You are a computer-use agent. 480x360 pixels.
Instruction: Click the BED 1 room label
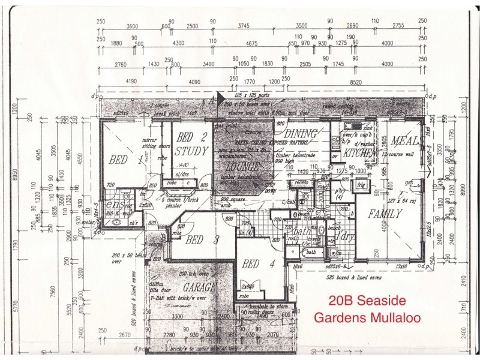[x=127, y=160]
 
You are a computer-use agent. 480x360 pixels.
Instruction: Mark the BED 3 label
[x=198, y=240]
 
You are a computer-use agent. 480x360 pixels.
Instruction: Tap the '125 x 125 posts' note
[x=252, y=95]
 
